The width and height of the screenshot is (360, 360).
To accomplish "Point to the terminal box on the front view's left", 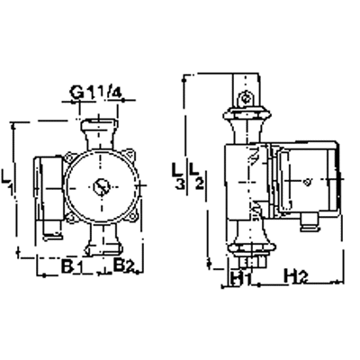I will (x=48, y=190).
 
